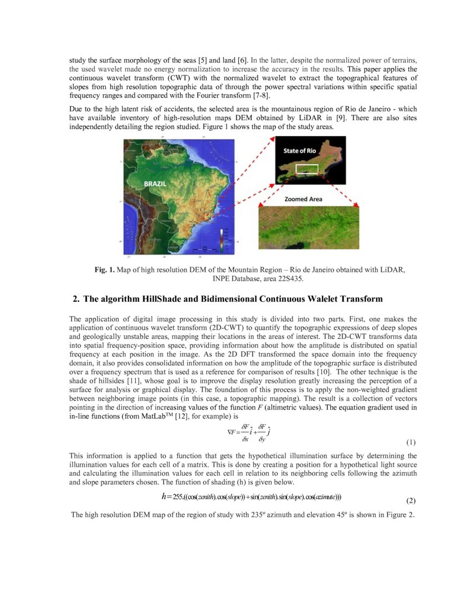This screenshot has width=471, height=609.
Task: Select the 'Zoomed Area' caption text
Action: pos(303,199)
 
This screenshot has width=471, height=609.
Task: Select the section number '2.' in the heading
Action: pos(76,299)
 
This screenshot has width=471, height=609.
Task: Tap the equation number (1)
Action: pos(411,442)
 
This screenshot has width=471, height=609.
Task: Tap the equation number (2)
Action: pos(411,500)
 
